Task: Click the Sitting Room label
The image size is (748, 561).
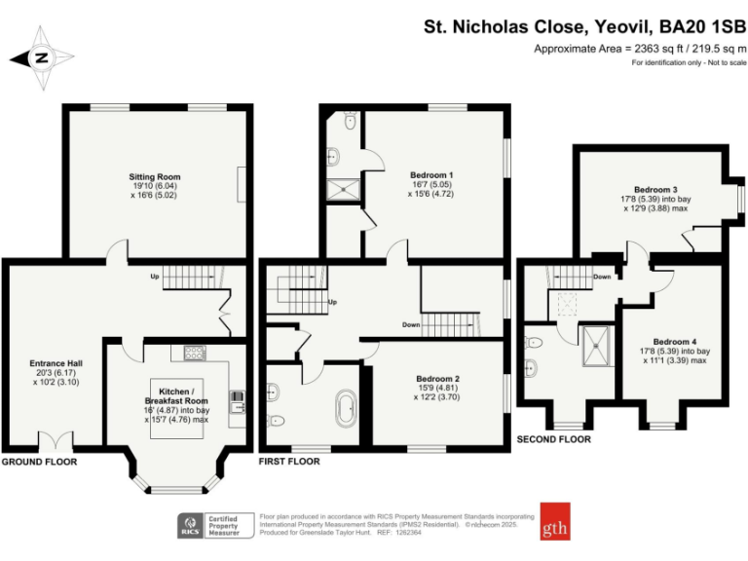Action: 155,176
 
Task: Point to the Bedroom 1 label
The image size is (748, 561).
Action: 431,176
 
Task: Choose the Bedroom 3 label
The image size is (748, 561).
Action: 655,189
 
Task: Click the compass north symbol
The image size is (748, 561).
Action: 41,57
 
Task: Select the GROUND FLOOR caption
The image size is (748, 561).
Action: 39,461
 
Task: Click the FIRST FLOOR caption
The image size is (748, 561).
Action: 289,461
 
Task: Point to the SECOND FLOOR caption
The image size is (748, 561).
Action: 554,439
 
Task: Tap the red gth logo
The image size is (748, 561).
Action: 556,523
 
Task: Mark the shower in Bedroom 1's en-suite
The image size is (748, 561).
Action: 343,190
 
